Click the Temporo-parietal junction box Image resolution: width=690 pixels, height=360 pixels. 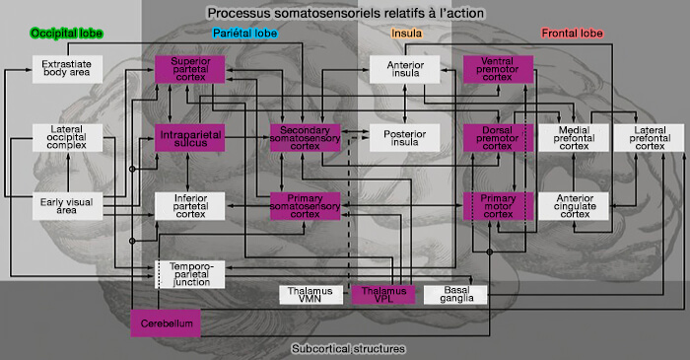click(190, 274)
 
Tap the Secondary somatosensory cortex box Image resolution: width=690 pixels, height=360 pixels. click(306, 137)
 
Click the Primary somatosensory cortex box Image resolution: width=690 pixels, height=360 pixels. click(306, 205)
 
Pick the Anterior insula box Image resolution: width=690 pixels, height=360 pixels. click(398, 70)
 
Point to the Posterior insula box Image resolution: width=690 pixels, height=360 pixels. click(398, 137)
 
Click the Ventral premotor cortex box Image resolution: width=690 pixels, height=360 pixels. click(498, 70)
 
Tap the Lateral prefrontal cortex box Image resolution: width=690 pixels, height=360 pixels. click(649, 137)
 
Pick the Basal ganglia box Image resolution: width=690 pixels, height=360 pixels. click(454, 294)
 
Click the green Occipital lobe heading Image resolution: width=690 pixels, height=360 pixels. click(62, 34)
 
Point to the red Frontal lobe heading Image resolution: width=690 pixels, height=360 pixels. click(571, 34)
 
